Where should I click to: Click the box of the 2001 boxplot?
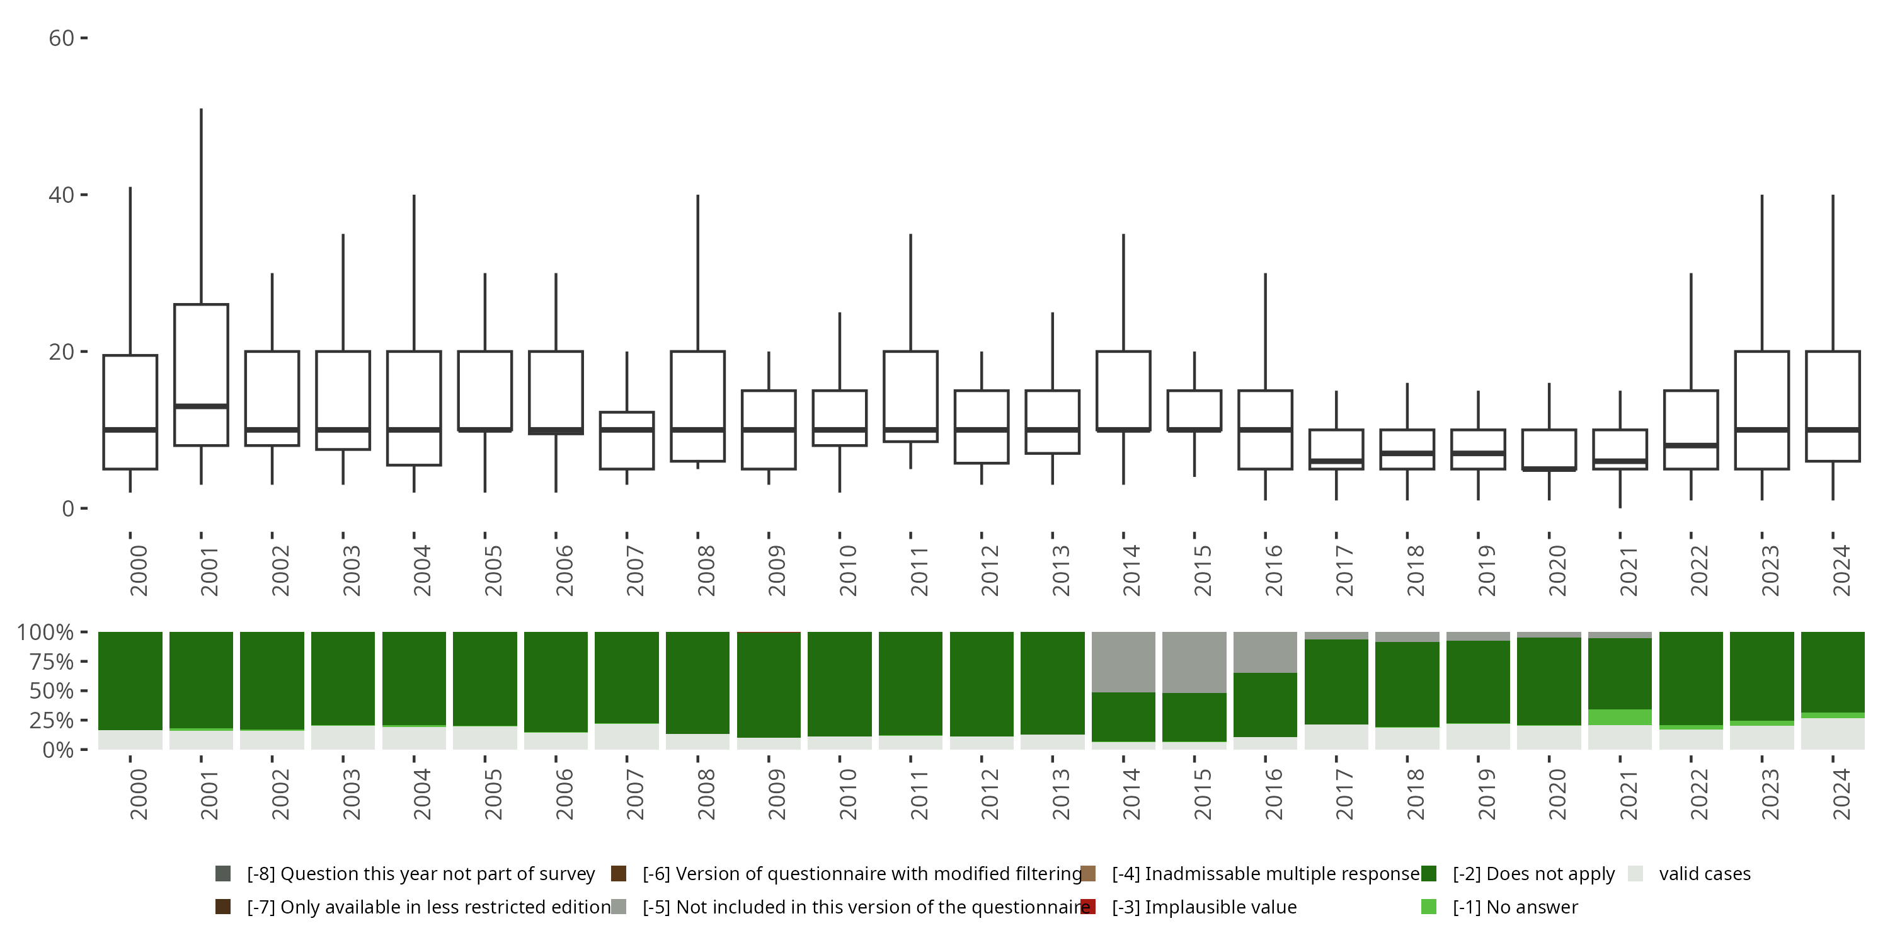[201, 352]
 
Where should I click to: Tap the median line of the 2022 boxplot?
[1691, 445]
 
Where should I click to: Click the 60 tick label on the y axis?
[62, 38]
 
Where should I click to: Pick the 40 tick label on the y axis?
[62, 195]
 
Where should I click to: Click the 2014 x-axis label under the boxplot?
[1131, 570]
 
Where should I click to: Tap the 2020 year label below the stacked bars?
[1557, 794]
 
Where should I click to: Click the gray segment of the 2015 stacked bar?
[1194, 661]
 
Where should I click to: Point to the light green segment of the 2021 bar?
[1620, 717]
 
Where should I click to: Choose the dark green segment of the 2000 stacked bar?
[130, 680]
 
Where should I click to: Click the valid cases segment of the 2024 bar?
[1833, 734]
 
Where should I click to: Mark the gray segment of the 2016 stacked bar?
[1266, 651]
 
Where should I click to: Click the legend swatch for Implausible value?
[1088, 907]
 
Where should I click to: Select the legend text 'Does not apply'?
[1533, 874]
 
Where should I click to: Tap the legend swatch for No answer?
[1428, 907]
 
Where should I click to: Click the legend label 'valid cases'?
[1704, 874]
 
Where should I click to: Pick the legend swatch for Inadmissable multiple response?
[1088, 874]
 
